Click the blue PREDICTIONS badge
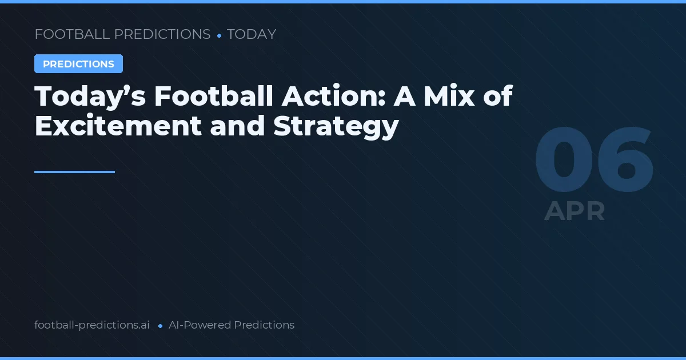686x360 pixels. [78, 64]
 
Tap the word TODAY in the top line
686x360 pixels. [252, 34]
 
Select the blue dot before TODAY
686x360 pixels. [219, 35]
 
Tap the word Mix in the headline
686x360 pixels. [448, 96]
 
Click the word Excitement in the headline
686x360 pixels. [118, 126]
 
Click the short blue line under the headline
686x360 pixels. [74, 171]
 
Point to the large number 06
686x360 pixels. [594, 162]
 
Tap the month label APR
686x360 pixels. [575, 211]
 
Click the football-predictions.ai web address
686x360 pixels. [92, 325]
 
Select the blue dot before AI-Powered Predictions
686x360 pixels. [160, 326]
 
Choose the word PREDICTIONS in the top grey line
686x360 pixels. [163, 34]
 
